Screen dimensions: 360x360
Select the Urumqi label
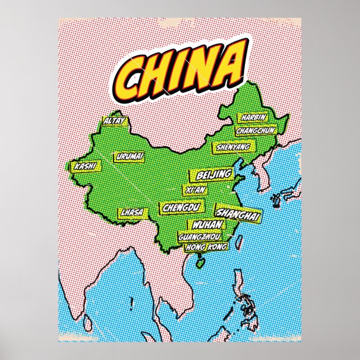pyautogui.click(x=130, y=157)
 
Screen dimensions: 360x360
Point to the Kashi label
pyautogui.click(x=84, y=166)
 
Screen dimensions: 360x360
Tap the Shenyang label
pyautogui.click(x=231, y=147)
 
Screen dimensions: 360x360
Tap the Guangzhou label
pyautogui.click(x=200, y=236)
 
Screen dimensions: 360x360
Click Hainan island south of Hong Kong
pyautogui.click(x=199, y=260)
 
